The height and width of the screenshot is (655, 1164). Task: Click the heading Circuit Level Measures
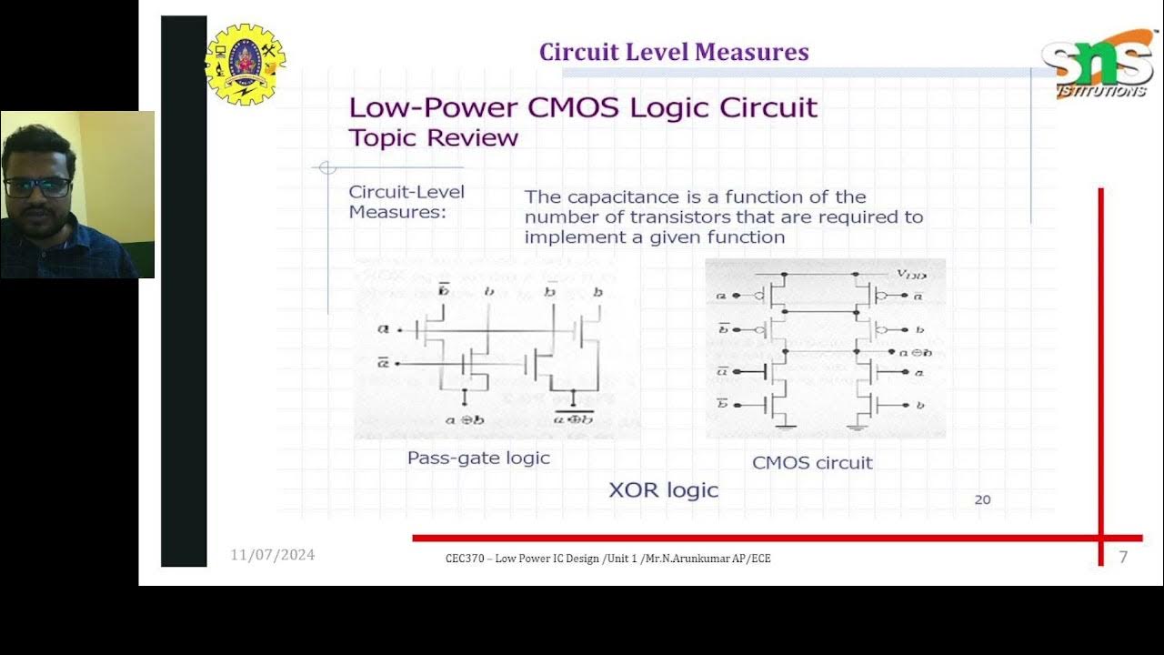tap(674, 52)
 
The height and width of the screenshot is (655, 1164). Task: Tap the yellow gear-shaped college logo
tap(245, 64)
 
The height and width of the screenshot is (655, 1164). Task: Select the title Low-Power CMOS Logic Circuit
tap(583, 107)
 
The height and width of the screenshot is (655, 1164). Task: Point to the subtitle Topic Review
tap(434, 138)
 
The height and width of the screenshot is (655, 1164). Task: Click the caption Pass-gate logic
tap(478, 458)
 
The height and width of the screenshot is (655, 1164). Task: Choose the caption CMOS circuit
tap(812, 462)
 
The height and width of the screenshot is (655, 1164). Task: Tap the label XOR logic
tap(663, 490)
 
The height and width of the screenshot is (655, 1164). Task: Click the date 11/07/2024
tap(272, 555)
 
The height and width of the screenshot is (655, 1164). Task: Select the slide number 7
tap(1123, 557)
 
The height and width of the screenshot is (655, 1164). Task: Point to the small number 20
tap(982, 499)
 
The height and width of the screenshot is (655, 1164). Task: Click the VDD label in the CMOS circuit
tap(912, 273)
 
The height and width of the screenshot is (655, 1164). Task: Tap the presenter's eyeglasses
tap(37, 187)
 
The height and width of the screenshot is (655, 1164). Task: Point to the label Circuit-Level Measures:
tap(406, 201)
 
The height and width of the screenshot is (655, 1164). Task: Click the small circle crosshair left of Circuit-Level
tap(327, 167)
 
